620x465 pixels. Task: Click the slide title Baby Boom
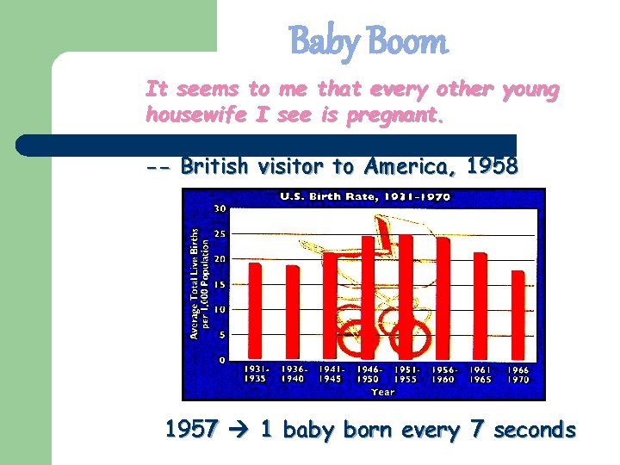(x=368, y=41)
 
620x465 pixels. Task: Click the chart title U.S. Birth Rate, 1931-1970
(x=364, y=197)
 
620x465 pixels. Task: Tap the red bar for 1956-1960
(x=443, y=298)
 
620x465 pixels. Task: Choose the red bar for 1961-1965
(x=480, y=306)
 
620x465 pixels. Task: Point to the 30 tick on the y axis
(x=220, y=208)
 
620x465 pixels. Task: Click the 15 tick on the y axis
(x=220, y=284)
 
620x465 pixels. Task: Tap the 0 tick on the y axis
(x=222, y=359)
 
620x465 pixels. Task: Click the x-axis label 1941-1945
(x=330, y=374)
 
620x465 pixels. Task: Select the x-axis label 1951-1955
(x=406, y=374)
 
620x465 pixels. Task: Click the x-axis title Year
(x=382, y=392)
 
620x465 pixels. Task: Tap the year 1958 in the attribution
(x=491, y=166)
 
